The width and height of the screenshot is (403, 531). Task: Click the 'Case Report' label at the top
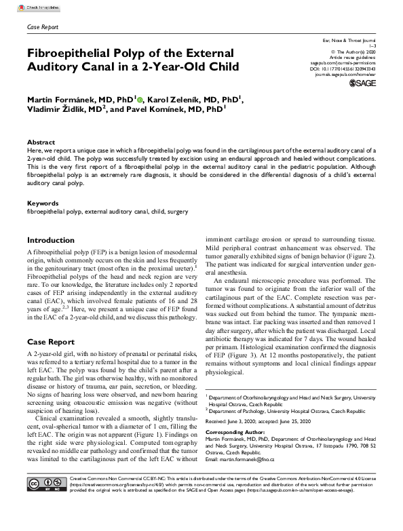tap(42, 27)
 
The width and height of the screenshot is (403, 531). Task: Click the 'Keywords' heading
tap(42, 203)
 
